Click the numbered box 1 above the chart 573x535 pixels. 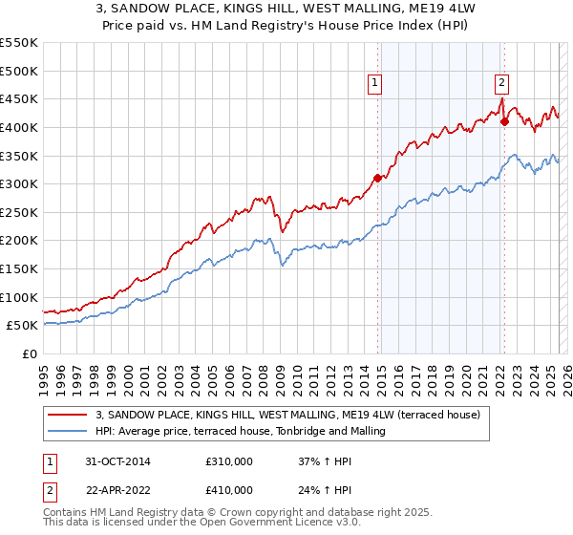tap(375, 83)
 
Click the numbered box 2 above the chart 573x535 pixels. tap(501, 83)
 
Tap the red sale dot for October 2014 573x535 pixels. tap(377, 178)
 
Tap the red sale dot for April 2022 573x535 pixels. tap(504, 121)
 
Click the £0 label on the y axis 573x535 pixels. tap(30, 353)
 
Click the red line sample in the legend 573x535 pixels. tap(68, 415)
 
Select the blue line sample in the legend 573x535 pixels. tap(68, 431)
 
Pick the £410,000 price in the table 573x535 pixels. tap(229, 489)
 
